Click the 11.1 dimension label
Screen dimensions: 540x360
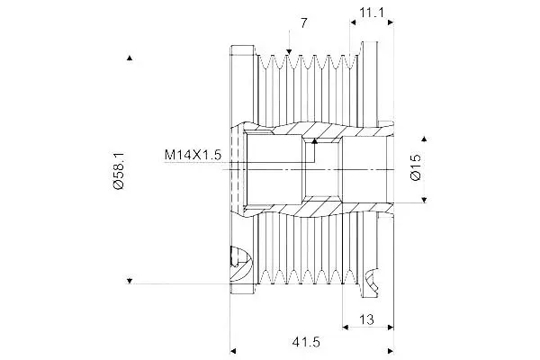pyautogui.click(x=372, y=13)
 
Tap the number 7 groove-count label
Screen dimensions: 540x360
pyautogui.click(x=303, y=23)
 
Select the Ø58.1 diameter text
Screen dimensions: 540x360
pyautogui.click(x=118, y=170)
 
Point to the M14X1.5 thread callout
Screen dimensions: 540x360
pyautogui.click(x=193, y=155)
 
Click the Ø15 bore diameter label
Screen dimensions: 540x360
pyautogui.click(x=416, y=166)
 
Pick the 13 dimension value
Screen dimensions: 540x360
pyautogui.click(x=366, y=319)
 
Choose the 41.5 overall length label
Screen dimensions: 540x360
pyautogui.click(x=306, y=342)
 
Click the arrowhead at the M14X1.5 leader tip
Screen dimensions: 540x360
pyautogui.click(x=314, y=140)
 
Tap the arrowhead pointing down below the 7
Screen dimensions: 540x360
pyautogui.click(x=289, y=52)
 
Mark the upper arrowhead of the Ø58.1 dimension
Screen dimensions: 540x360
pyautogui.click(x=130, y=58)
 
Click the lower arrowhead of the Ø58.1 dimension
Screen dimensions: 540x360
pyautogui.click(x=130, y=281)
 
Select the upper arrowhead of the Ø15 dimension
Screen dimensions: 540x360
pyautogui.click(x=424, y=139)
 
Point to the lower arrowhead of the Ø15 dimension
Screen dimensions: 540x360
pyautogui.click(x=424, y=200)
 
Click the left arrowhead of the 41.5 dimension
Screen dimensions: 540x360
pyautogui.click(x=233, y=351)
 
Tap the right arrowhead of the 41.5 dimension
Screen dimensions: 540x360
pyautogui.click(x=391, y=351)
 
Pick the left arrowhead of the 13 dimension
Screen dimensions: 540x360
pyautogui.click(x=346, y=327)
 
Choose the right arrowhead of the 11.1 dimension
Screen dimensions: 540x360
pyautogui.click(x=391, y=22)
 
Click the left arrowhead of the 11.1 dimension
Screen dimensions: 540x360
pyautogui.click(x=353, y=22)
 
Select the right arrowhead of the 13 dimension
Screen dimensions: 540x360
pyautogui.click(x=391, y=327)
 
